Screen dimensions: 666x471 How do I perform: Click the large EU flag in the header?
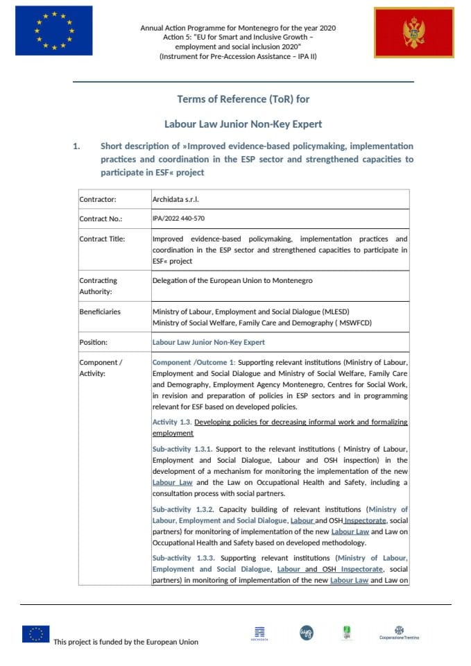pos(53,31)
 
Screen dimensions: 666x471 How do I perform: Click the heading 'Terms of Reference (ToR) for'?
pos(243,99)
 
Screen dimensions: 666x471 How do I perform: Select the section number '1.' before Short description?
pos(78,146)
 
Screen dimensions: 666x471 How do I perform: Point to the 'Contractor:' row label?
pos(98,200)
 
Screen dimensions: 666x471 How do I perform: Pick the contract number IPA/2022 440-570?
pos(178,219)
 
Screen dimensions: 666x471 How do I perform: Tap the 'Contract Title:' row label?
pos(102,239)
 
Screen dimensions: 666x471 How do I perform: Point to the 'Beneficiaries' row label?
pos(100,311)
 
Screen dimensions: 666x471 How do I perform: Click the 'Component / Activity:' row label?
pos(101,368)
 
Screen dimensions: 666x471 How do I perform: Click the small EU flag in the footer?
pos(35,633)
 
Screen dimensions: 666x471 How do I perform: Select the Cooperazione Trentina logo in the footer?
pos(399,632)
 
